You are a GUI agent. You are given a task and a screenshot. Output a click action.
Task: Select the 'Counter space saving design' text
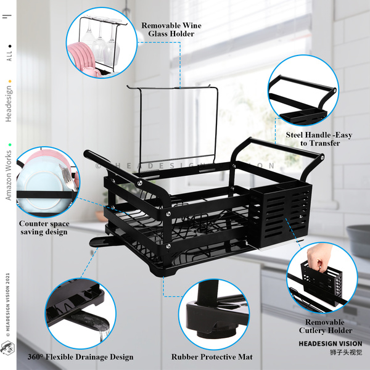click(x=44, y=228)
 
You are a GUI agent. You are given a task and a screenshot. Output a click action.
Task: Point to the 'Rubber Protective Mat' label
click(x=212, y=356)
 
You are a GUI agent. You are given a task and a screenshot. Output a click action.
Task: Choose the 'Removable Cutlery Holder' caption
click(x=325, y=326)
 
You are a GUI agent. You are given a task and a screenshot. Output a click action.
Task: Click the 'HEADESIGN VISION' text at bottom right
click(x=330, y=343)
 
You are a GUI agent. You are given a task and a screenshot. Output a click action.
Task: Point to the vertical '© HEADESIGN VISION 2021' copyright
click(x=8, y=296)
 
